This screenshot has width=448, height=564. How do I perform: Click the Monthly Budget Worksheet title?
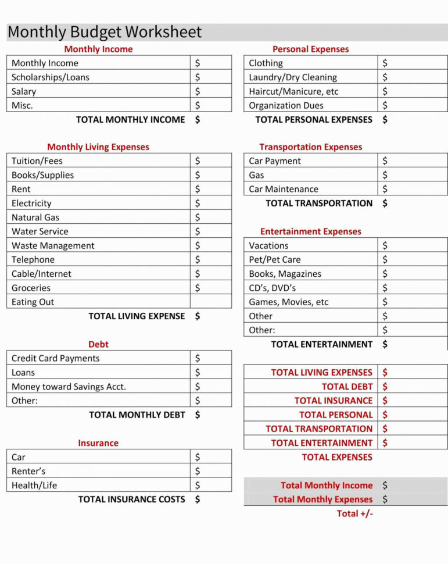tap(105, 32)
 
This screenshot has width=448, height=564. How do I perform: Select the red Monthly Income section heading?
tap(98, 49)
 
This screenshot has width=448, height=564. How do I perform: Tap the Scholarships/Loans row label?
tap(51, 77)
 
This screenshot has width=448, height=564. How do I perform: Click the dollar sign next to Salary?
tap(198, 91)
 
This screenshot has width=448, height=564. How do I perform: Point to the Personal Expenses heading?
tap(310, 49)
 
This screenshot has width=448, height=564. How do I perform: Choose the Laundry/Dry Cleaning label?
tap(292, 77)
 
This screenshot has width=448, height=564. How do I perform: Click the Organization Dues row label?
tap(286, 105)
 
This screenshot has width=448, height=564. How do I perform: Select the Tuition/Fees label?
tap(37, 161)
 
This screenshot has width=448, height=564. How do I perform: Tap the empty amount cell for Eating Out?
tap(210, 302)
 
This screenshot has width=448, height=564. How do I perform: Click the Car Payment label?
tap(275, 161)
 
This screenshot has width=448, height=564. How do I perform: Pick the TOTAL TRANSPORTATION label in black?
tap(319, 203)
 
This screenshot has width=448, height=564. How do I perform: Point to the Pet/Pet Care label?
tap(274, 259)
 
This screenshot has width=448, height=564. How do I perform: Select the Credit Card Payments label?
tap(56, 358)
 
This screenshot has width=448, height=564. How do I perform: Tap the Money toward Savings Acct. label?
tap(69, 387)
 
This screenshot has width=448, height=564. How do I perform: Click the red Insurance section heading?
tap(98, 443)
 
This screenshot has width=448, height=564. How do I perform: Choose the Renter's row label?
tap(28, 471)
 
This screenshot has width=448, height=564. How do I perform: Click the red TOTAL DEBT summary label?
tap(347, 387)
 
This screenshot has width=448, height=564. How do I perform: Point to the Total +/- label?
tap(354, 513)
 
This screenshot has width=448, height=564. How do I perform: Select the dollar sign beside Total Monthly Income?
tap(385, 485)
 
